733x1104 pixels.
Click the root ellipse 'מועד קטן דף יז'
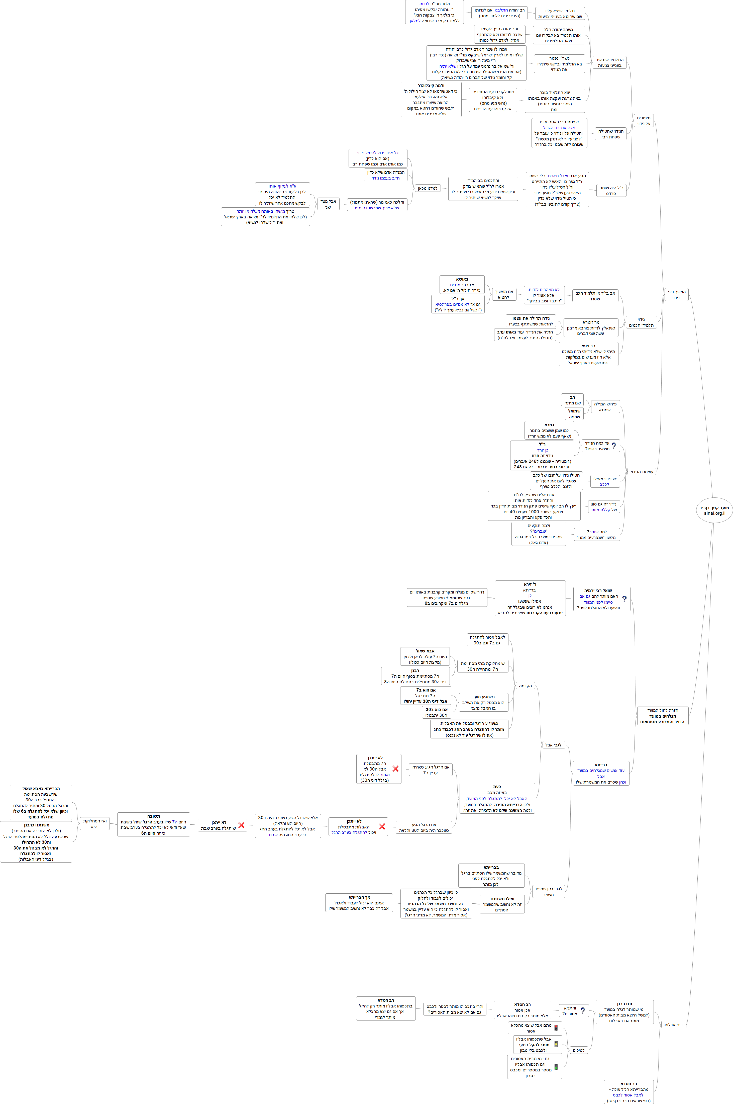[x=714, y=510]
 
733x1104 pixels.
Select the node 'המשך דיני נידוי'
[x=676, y=295]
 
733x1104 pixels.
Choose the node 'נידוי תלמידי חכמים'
[x=641, y=322]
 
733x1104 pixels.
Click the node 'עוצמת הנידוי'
[x=642, y=472]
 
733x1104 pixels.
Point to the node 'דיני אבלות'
[x=673, y=1025]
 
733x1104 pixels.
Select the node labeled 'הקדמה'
[x=526, y=686]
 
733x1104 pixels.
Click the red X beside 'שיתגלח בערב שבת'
[x=241, y=825]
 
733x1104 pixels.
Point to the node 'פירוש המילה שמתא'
[x=605, y=406]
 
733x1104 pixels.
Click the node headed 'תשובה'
[x=153, y=824]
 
